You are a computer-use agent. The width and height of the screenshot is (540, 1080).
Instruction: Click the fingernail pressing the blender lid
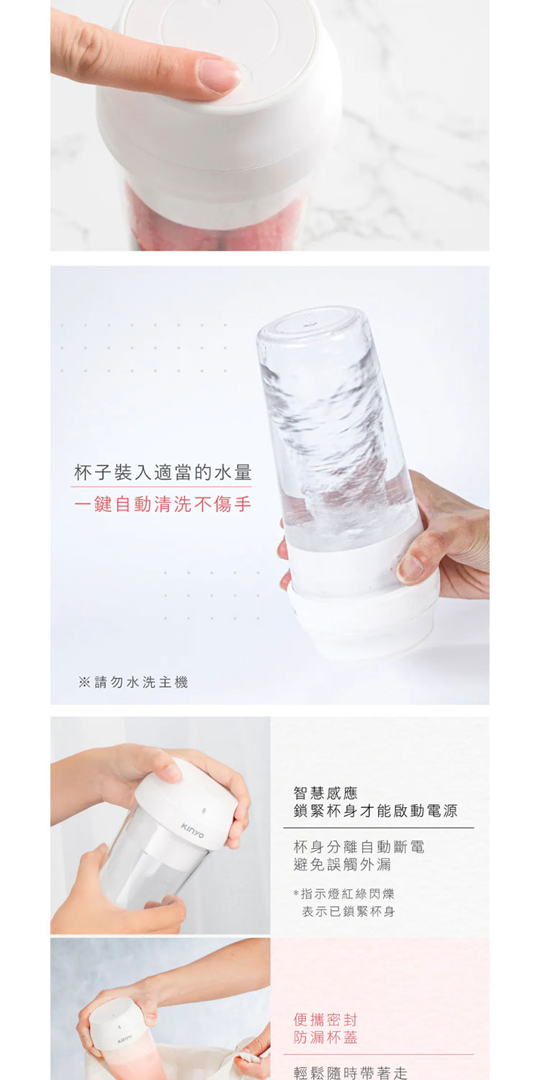click(220, 75)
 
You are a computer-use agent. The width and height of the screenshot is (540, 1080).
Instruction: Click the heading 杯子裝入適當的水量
click(163, 472)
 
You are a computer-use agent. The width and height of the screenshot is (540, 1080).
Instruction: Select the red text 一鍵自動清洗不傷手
click(163, 504)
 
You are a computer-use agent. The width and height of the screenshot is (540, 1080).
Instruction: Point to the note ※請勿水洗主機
click(133, 683)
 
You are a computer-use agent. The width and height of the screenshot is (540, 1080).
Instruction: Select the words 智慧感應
click(325, 793)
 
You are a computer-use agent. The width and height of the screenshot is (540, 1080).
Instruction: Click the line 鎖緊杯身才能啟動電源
click(376, 811)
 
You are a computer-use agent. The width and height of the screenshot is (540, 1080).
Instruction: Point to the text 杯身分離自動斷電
click(359, 847)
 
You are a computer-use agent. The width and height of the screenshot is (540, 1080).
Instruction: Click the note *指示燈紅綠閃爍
click(343, 894)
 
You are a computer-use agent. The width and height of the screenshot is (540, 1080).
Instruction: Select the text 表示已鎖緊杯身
click(348, 912)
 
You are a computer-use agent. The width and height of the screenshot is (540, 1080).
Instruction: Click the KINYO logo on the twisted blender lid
click(192, 831)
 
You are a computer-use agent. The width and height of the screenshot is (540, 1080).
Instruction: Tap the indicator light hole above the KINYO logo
click(204, 810)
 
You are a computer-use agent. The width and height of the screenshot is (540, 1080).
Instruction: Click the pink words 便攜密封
click(325, 1020)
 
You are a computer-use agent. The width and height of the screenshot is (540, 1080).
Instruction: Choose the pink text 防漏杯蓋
click(325, 1038)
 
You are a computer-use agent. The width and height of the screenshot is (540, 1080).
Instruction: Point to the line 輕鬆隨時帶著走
click(351, 1073)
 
